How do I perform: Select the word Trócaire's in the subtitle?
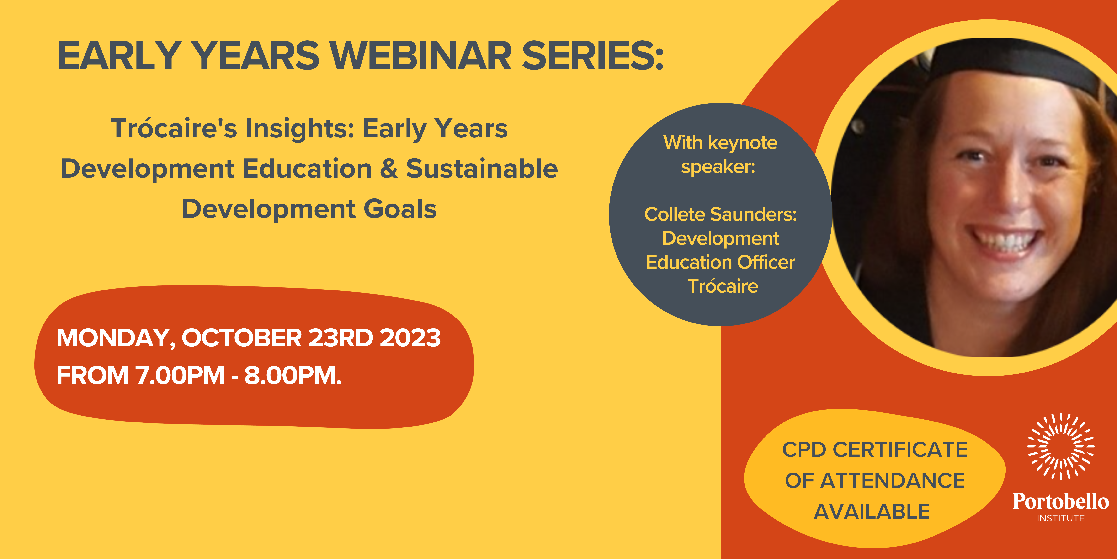174,129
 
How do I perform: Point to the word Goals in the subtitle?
400,209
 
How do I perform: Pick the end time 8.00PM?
293,375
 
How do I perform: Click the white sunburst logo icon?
1061,447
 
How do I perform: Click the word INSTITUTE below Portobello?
1061,518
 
